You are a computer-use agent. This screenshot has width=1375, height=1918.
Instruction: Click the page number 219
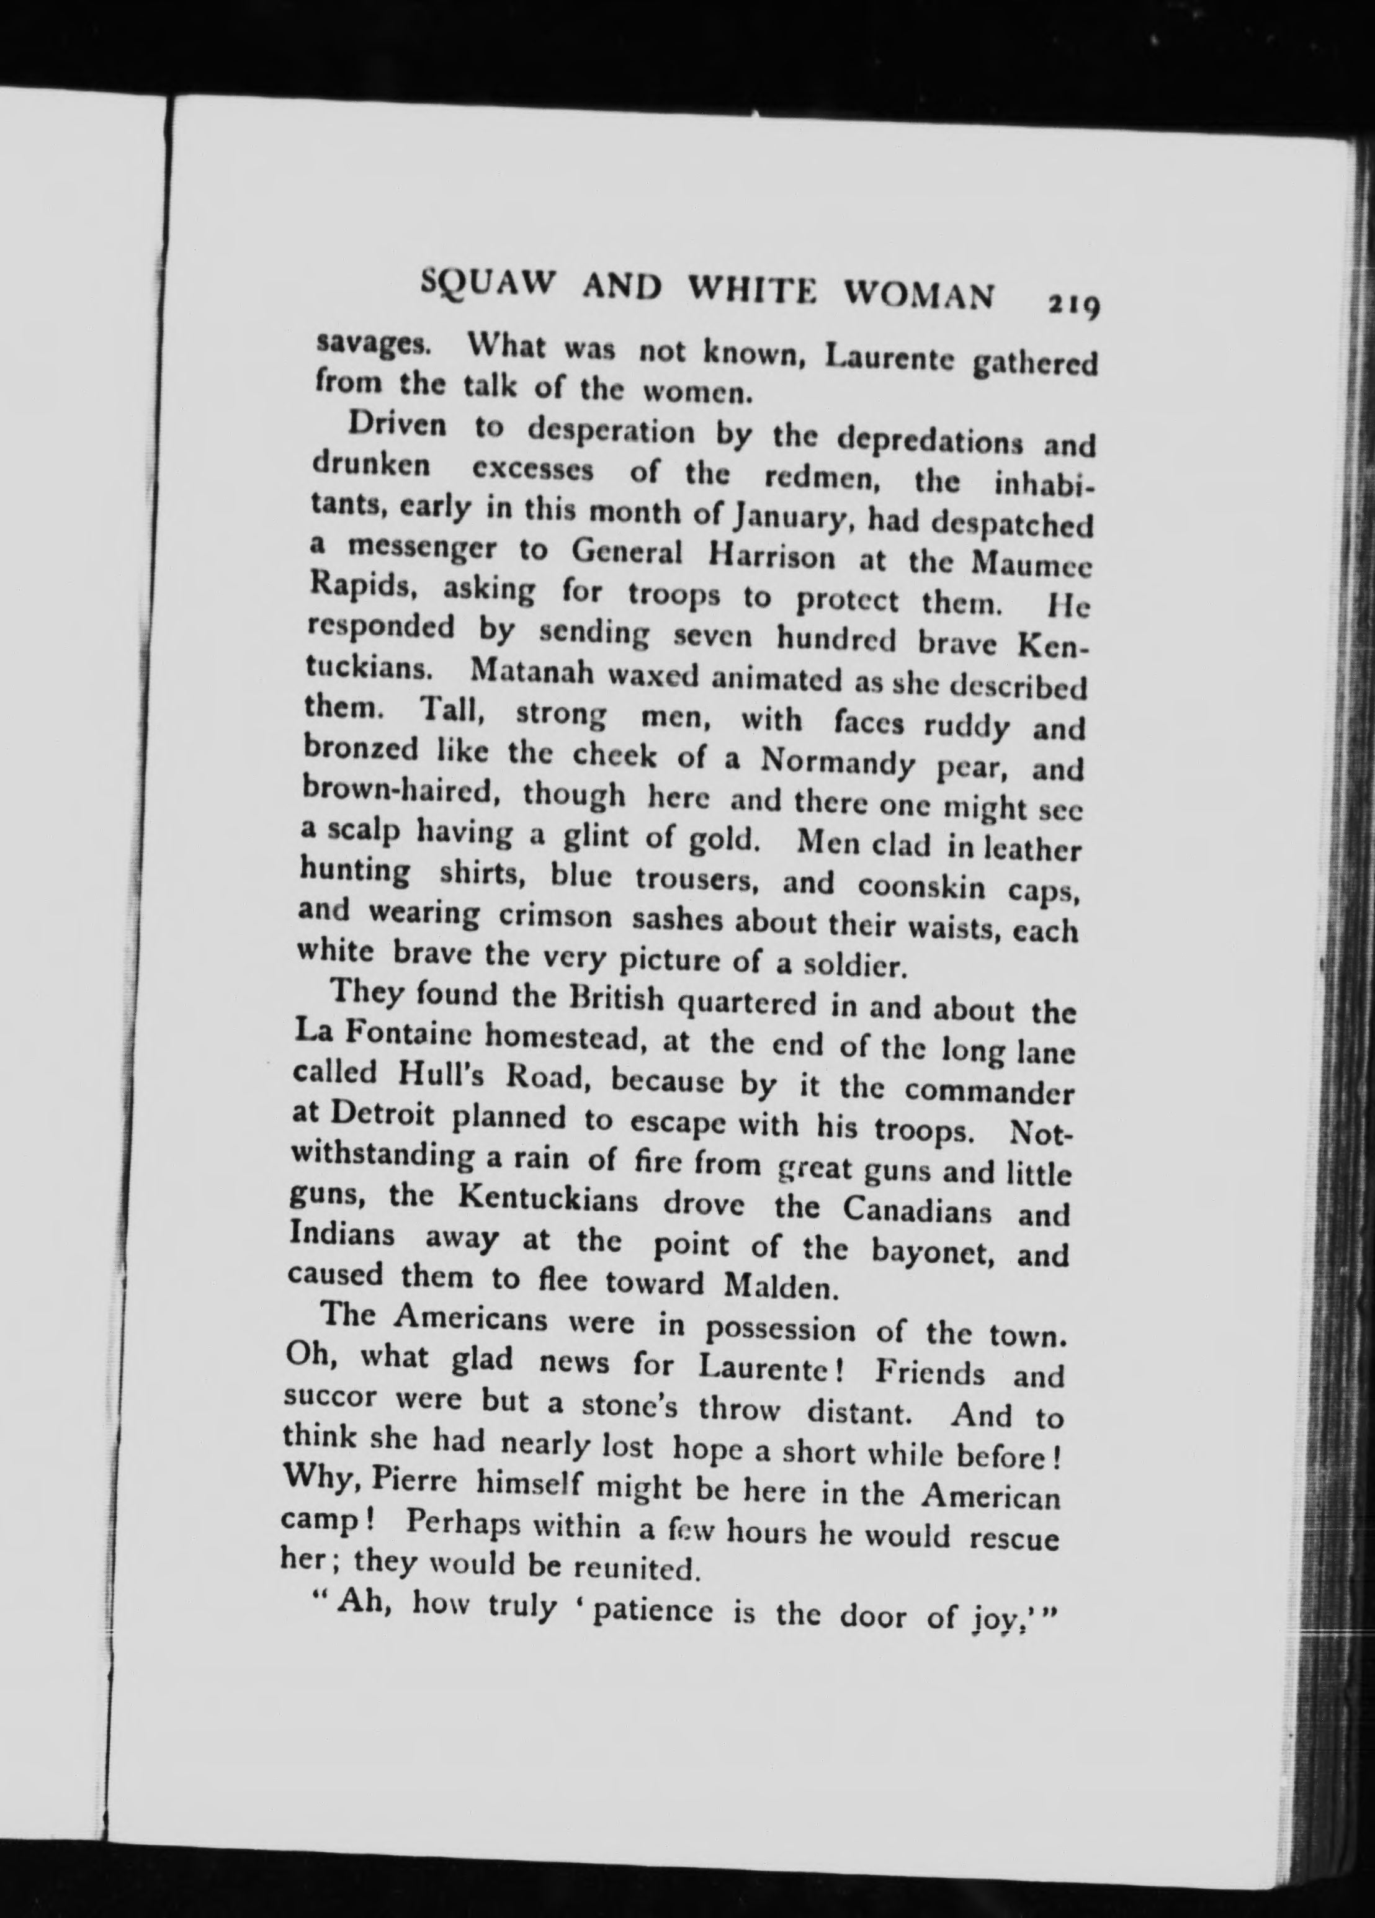[1072, 305]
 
